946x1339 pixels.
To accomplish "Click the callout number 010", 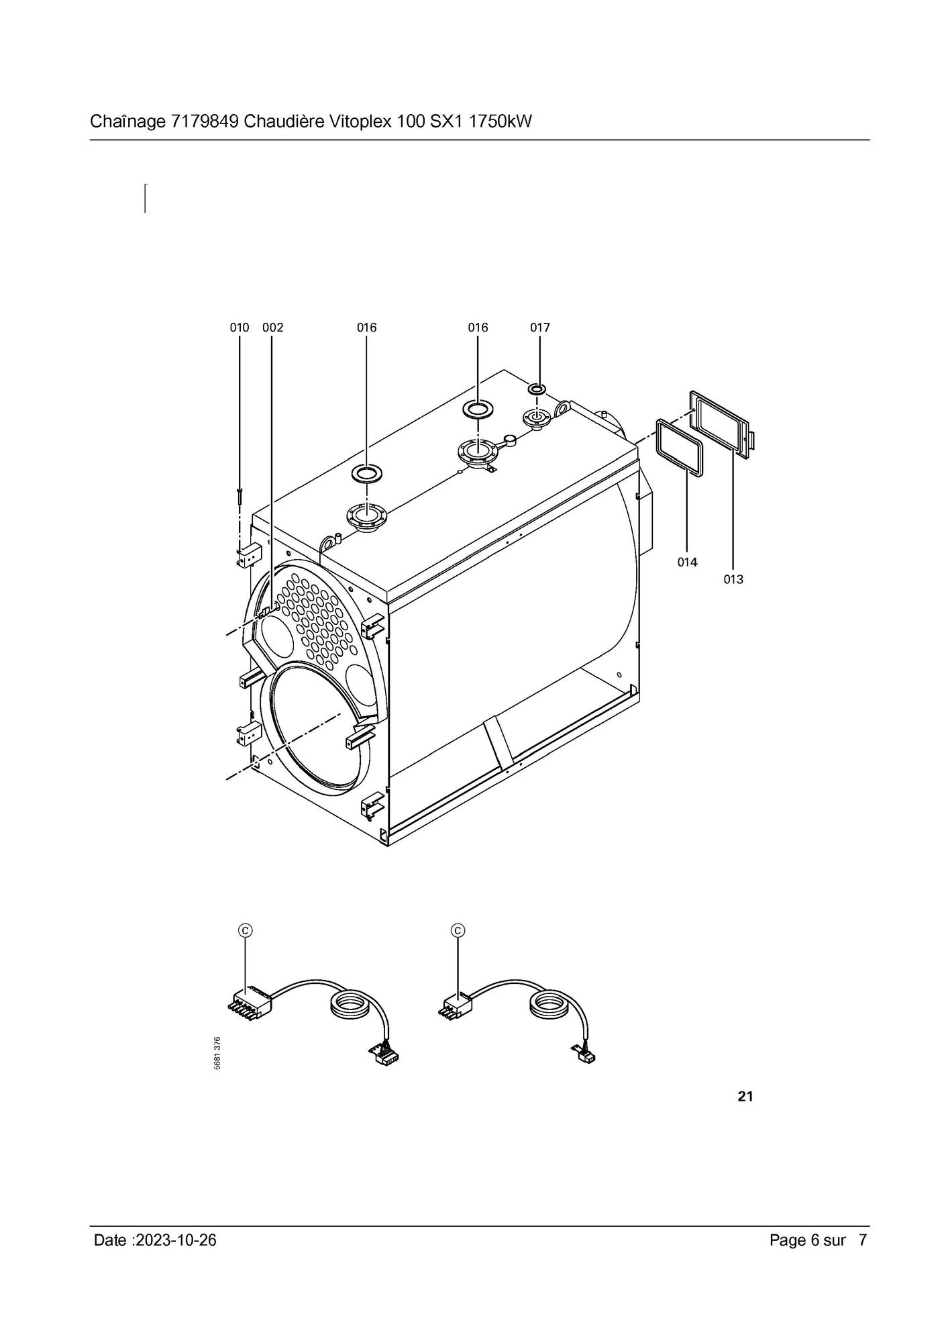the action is [239, 328].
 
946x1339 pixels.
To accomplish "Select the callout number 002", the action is [272, 328].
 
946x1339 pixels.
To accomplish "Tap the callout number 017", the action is [539, 328].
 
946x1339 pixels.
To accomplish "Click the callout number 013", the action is [733, 579].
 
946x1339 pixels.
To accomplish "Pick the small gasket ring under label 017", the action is [537, 389].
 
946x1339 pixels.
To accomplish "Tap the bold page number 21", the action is [745, 1097].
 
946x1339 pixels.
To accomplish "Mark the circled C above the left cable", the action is [246, 930].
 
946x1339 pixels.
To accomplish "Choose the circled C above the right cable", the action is [459, 930].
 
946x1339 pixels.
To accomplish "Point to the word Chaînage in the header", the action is [128, 122].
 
